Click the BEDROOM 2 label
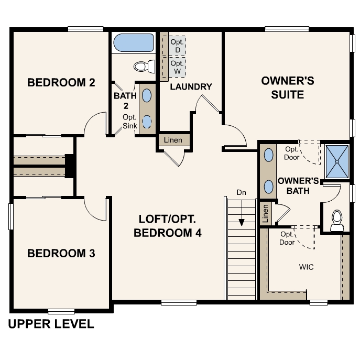point(61,82)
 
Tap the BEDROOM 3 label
point(61,254)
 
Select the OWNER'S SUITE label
point(288,88)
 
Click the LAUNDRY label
point(191,86)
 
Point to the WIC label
point(307,267)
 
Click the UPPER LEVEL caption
point(51,324)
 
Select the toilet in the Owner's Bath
point(336,220)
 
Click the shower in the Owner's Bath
point(337,160)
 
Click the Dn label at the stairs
point(241,192)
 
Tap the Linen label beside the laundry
point(173,140)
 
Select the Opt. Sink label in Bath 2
point(129,121)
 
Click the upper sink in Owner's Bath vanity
point(269,155)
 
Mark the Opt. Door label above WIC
point(287,238)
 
